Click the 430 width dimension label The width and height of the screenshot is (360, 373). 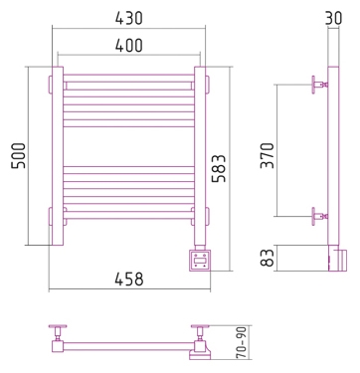click(129, 18)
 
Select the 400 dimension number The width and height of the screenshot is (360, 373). click(129, 46)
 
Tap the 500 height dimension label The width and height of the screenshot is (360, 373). click(19, 156)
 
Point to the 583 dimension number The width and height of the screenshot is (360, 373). click(219, 168)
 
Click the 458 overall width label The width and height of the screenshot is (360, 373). click(129, 280)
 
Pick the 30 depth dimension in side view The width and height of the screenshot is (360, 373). click(333, 18)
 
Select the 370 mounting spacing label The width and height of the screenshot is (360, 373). click(268, 155)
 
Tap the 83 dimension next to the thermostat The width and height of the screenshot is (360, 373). click(268, 258)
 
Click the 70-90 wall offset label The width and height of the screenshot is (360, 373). click(242, 342)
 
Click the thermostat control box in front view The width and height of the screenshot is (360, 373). click(200, 261)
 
